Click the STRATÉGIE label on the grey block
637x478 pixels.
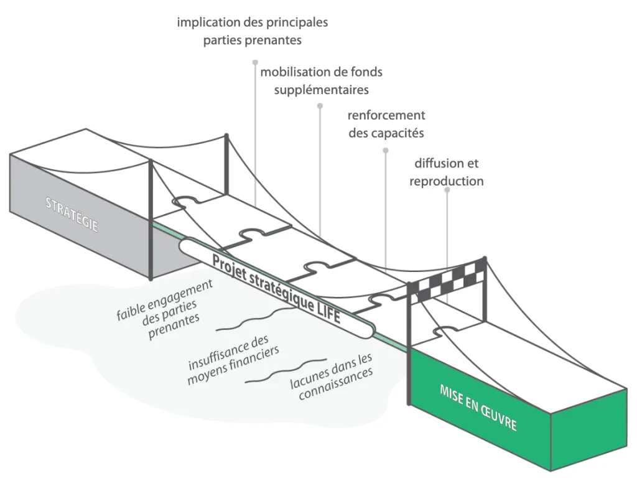(72, 213)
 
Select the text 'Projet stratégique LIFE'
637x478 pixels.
(276, 288)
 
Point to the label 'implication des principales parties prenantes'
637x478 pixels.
(252, 32)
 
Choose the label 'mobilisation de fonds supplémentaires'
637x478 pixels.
(321, 81)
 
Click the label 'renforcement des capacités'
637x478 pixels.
(386, 124)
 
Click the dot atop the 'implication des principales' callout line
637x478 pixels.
(255, 62)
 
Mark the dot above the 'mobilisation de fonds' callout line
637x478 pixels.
(320, 106)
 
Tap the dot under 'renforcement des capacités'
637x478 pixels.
(386, 150)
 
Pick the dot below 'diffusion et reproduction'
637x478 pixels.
(447, 189)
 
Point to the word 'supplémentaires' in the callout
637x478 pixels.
(322, 90)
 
